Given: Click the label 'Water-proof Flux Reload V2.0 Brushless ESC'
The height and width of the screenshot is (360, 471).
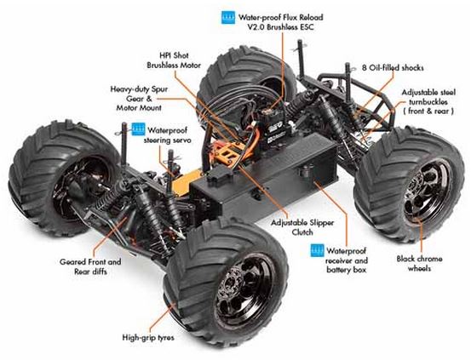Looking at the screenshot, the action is (280, 22).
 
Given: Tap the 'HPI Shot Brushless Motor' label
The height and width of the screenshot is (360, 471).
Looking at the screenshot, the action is (174, 60).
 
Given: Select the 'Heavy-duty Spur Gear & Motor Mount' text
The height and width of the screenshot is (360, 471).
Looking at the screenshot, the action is (139, 99).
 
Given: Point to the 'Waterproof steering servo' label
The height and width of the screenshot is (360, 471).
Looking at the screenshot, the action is (167, 135).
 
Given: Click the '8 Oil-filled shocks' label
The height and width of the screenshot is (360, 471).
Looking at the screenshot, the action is (393, 67).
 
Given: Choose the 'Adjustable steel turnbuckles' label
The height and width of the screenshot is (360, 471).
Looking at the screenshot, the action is (428, 101).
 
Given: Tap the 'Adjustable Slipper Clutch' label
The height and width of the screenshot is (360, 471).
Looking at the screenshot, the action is (302, 227).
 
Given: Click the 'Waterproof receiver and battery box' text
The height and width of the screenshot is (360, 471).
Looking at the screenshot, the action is (347, 260).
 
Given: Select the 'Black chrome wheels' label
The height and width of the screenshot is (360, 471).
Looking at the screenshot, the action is (419, 263).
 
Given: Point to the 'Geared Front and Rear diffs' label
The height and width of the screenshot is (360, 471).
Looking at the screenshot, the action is (90, 266).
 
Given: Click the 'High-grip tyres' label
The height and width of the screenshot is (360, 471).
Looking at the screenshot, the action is (148, 338).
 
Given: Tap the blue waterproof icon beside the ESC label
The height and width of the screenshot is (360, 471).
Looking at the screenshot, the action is (228, 18).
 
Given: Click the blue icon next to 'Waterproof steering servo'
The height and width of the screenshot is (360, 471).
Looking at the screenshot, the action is (138, 129).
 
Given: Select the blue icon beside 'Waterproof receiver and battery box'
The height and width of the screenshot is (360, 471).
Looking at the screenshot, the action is (318, 250).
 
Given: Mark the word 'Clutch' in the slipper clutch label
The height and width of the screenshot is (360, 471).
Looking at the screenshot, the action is (302, 232).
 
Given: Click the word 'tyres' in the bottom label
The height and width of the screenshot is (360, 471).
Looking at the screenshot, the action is (164, 338).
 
